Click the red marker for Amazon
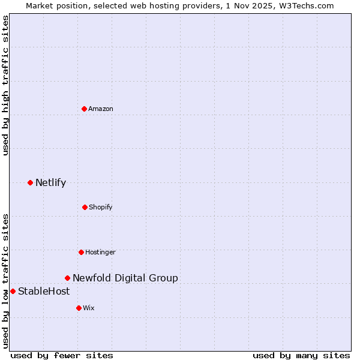point(84,109)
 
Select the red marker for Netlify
point(30,182)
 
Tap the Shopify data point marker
point(85,207)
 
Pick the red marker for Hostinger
point(81,252)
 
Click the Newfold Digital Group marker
point(67,278)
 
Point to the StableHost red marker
point(13,291)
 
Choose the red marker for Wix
point(79,308)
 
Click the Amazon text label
point(101,109)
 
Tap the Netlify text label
point(50,182)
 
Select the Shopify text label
point(101,207)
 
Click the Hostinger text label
point(100,252)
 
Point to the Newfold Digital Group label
point(125,278)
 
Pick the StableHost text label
point(44,291)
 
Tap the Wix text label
point(89,308)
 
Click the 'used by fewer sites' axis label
point(62,355)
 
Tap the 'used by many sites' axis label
point(301,355)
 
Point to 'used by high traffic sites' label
point(5,85)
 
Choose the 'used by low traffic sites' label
point(5,281)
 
